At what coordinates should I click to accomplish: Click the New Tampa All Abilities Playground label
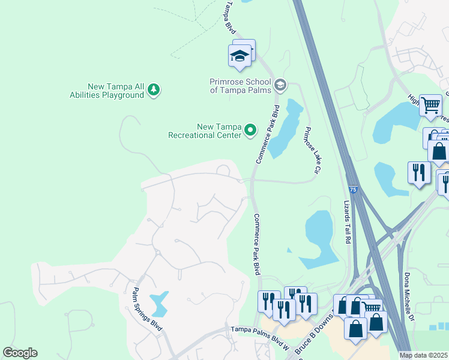[x=116, y=90]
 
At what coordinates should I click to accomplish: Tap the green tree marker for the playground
[x=154, y=90]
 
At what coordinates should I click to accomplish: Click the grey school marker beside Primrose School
[x=280, y=86]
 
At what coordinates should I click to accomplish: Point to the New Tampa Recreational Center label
[x=204, y=131]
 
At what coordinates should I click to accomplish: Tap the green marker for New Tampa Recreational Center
[x=250, y=130]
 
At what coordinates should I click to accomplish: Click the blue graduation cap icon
[x=240, y=56]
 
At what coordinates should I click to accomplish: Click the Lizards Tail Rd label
[x=348, y=222]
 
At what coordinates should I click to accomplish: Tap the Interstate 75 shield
[x=353, y=190]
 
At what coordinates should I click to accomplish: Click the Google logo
[x=20, y=353]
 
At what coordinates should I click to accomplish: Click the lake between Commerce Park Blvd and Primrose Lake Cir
[x=285, y=129]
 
